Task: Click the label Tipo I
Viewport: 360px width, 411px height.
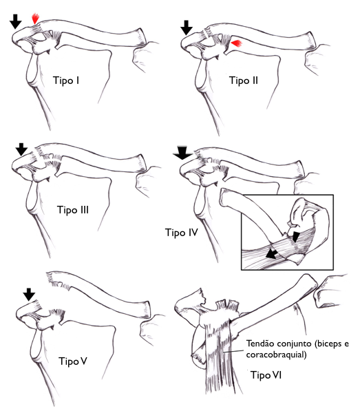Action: [66, 81]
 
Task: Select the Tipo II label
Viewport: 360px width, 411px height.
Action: [244, 81]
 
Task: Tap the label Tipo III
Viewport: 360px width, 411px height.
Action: [73, 210]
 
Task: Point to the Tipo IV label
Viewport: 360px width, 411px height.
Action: [181, 232]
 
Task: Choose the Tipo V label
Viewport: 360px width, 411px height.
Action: [73, 361]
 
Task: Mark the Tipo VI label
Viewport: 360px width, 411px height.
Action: [266, 375]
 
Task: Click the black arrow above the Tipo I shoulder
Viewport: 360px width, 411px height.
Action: [16, 21]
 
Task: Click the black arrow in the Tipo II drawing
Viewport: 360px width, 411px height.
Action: [187, 28]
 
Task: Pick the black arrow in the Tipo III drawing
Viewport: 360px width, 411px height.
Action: [21, 149]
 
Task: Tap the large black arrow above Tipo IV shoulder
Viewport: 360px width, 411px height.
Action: [182, 153]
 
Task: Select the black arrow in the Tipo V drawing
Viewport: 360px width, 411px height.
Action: [29, 295]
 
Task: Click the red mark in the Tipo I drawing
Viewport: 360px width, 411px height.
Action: [35, 19]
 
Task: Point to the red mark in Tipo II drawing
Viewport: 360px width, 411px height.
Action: [237, 43]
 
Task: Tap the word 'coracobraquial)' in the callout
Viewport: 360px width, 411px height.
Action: [276, 355]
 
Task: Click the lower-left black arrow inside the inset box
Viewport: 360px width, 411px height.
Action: [272, 254]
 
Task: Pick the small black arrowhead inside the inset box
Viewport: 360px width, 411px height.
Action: [295, 236]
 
